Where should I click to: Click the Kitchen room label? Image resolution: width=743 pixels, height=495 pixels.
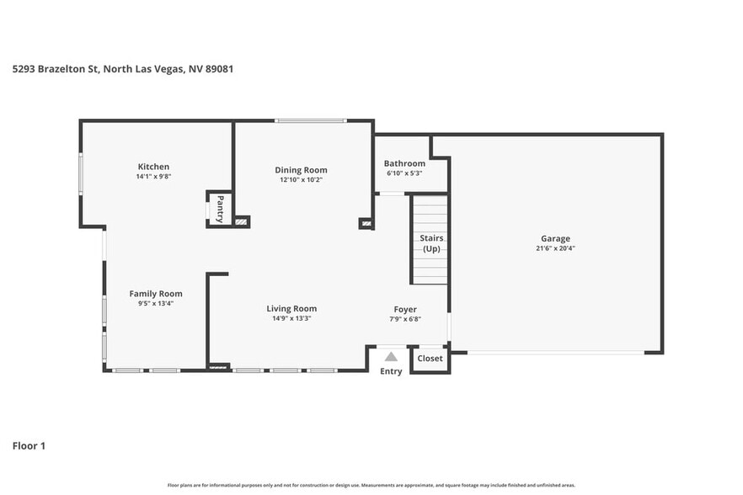point(153,167)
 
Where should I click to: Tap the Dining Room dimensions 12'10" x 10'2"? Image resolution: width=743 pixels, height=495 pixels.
point(301,180)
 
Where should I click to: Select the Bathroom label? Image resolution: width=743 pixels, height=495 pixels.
point(404,163)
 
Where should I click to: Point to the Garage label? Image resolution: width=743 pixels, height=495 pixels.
point(555,238)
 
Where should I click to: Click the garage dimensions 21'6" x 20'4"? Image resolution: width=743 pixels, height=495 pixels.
point(555,248)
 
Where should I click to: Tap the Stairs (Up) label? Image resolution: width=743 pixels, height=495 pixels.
point(431,243)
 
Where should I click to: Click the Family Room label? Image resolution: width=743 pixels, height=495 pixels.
point(155,294)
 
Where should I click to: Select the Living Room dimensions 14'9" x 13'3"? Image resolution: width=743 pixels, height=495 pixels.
point(291,319)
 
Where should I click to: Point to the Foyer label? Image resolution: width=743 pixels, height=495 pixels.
point(405,309)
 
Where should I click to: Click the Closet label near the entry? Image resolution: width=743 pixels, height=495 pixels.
point(430,358)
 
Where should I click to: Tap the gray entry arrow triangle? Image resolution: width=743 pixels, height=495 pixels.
point(391,357)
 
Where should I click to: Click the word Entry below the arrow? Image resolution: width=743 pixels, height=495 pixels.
point(391,371)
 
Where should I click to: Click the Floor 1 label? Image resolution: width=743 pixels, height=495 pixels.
point(29,445)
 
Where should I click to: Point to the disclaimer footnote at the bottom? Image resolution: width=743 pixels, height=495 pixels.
point(371,485)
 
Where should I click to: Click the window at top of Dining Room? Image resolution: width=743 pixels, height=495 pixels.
point(310,121)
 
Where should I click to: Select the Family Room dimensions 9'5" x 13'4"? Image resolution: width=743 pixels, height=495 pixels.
point(155,304)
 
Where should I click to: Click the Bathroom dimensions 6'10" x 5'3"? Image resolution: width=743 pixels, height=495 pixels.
point(404,173)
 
